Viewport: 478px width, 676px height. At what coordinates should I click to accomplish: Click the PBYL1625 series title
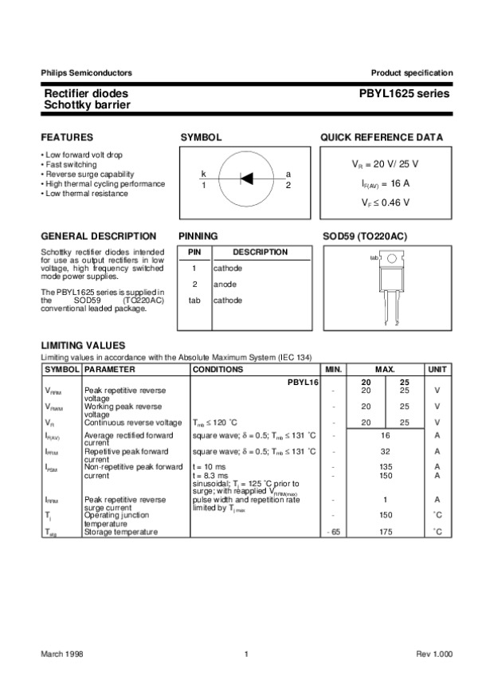coord(404,94)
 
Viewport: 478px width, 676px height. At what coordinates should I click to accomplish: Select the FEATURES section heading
coord(67,137)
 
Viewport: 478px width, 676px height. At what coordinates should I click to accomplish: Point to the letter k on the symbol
coord(203,174)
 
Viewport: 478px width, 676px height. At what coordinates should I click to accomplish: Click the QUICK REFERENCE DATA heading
coord(382,137)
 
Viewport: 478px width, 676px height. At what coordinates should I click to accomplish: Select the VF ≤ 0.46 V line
coord(386,202)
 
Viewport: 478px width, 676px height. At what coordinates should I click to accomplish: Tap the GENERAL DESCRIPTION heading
coord(98,237)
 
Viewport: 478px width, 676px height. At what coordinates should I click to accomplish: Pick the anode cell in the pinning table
coord(228,284)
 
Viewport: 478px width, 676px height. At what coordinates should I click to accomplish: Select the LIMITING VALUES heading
coord(83,345)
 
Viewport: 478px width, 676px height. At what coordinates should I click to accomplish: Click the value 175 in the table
coord(385,532)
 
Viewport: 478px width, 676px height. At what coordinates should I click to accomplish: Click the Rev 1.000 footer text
coord(433,654)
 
